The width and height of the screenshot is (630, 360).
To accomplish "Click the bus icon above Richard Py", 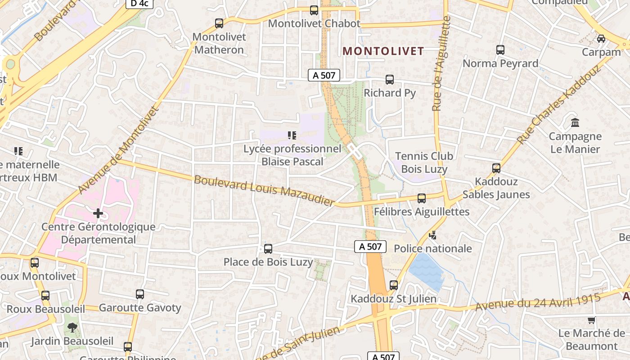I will pos(390,80).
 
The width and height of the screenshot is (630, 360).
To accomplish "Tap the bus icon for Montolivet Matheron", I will pos(219,23).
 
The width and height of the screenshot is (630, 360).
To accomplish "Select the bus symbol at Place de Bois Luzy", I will pos(268,248).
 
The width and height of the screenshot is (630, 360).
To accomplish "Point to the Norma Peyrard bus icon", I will pos(500,50).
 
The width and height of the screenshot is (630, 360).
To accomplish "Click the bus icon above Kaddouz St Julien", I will pos(394,285).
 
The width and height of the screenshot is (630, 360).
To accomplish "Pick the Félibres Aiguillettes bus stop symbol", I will pos(422,198).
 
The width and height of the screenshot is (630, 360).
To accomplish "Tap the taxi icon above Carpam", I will pos(601,39).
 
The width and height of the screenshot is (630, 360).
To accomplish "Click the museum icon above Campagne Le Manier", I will pos(575,122).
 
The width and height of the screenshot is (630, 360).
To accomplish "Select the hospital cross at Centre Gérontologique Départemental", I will pos(98,213).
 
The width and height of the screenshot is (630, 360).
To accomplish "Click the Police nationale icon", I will pos(433,235).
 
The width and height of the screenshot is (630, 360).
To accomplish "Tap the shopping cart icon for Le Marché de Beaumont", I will pos(592,320).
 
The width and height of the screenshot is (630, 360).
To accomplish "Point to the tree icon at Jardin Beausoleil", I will pos(72,328).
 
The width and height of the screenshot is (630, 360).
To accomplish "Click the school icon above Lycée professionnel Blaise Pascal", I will pos(292,135).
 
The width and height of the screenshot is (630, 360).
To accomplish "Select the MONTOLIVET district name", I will pos(383,51).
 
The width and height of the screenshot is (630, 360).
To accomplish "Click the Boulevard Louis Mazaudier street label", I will pos(265,190).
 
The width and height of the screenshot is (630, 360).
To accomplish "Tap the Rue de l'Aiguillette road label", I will pos(441,64).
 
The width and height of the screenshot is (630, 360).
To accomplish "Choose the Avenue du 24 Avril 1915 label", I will pos(538,301).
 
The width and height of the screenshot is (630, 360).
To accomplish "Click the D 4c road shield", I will pos(139,4).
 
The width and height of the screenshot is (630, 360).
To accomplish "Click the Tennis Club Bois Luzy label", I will pos(424,162).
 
